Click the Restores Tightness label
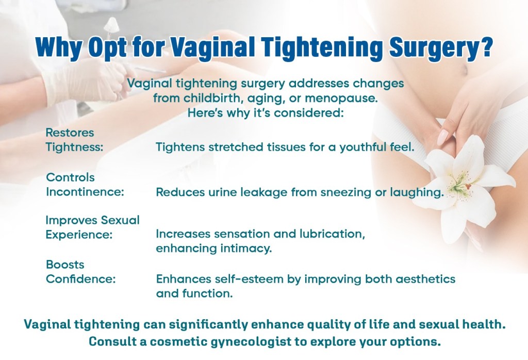[x=75, y=139]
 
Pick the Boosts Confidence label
[x=80, y=272]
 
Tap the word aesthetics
[x=423, y=279]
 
